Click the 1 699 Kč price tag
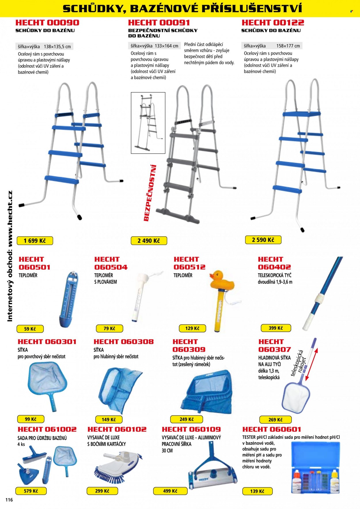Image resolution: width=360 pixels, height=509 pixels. coord(35,241)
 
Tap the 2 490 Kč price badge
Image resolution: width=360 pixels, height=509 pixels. coord(149,241)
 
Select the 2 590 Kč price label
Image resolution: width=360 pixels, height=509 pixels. coord(263,240)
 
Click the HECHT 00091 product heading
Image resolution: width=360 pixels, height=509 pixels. coord(159,23)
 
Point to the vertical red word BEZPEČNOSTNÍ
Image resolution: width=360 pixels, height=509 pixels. coord(150,193)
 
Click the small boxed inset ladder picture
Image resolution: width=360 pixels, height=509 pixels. coord(148,123)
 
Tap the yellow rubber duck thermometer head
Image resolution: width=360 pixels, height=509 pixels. coord(222,280)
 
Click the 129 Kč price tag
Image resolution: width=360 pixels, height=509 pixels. coord(192,328)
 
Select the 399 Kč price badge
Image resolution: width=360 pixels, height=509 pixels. coord(276,328)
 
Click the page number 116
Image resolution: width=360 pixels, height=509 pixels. coord(9,500)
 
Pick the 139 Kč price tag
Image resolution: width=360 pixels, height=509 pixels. coord(257,491)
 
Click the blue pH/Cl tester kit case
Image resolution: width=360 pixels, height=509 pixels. coord(316,468)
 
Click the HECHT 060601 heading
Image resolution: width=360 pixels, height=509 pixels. coord(272,429)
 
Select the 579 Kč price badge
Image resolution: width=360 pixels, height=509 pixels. coord(31,491)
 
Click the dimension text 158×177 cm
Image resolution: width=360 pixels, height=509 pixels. coord(288,46)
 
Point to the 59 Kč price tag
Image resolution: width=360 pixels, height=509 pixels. coord(30,329)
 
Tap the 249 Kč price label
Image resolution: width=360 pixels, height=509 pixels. coord(187,419)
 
